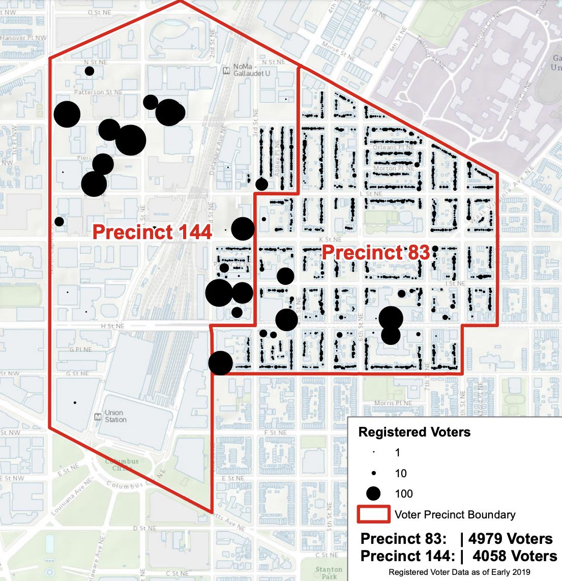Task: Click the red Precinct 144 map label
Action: coord(152,233)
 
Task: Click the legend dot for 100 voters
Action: coord(374,493)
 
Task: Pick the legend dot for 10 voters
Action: coord(374,473)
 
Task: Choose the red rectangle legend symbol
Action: coord(373,514)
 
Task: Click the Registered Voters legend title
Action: coord(415,432)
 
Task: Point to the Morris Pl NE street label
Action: coord(391,403)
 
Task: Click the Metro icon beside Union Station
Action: coord(99,417)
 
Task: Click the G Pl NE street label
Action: coord(81,350)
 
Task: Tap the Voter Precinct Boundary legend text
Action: coord(455,514)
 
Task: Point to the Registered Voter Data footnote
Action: coord(459,572)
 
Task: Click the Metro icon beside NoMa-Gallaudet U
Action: coord(227,70)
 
